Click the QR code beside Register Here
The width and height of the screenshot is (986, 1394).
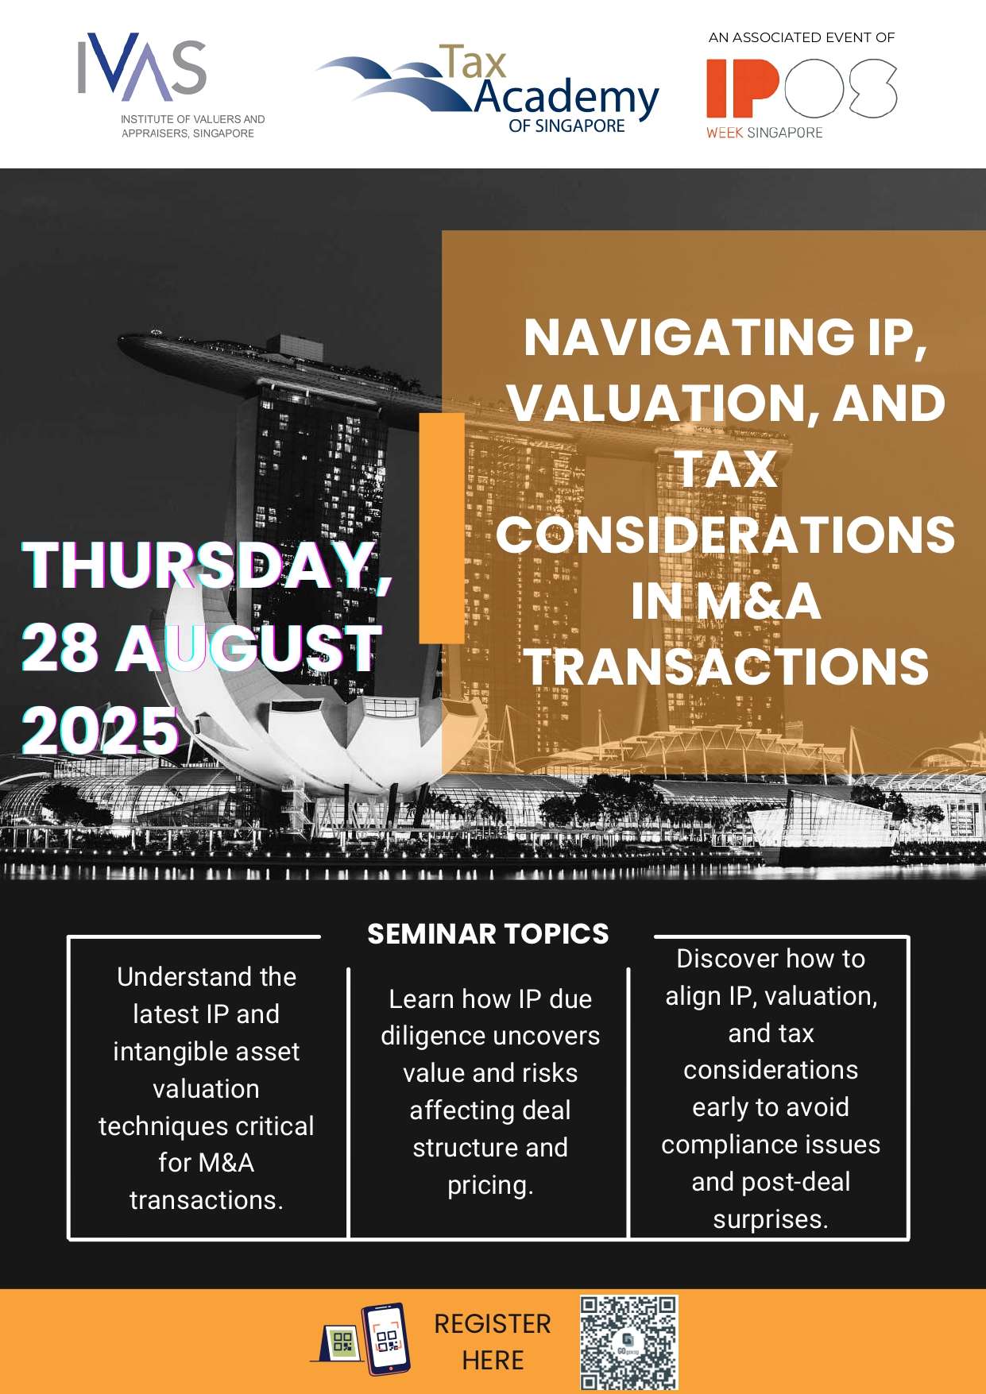pos(628,1342)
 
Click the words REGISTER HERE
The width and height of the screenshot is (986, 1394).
pos(493,1342)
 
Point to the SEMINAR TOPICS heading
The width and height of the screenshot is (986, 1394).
pos(488,933)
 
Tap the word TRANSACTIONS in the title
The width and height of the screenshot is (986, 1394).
pos(726,666)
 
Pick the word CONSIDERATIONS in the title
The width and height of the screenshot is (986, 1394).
pos(725,534)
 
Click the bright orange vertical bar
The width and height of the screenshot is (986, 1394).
pos(442,528)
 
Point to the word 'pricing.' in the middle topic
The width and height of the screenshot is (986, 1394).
pos(490,1185)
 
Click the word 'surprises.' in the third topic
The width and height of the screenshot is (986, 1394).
pos(771,1219)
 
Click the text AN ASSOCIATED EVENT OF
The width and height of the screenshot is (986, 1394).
pos(802,37)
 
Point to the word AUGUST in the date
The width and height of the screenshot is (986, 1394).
pos(249,647)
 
